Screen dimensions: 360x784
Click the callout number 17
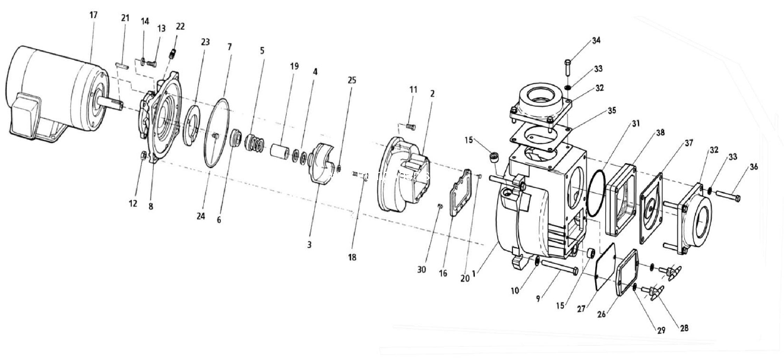pos(93,14)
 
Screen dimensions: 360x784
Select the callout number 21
pos(125,18)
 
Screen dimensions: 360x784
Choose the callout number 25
pos(351,81)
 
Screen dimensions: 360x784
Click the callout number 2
pos(432,93)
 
